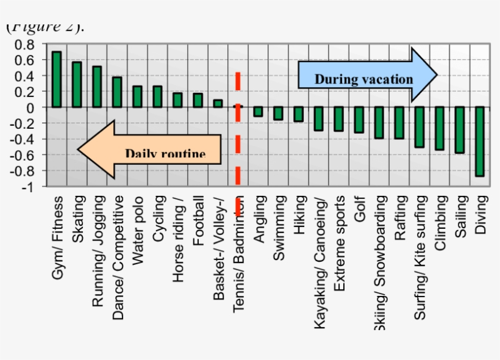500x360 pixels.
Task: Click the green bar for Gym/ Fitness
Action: pos(56,79)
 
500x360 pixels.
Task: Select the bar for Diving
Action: pos(480,142)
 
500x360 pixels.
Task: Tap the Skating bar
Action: pos(77,84)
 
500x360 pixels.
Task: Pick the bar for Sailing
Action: pos(459,130)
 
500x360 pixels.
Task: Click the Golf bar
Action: pos(359,120)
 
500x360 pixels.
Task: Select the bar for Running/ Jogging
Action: pos(97,87)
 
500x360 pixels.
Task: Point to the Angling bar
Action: pos(258,112)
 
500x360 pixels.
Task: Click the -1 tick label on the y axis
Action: pos(29,187)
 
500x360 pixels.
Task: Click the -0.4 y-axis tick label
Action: pos(23,139)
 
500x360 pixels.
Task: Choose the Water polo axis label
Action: pos(138,230)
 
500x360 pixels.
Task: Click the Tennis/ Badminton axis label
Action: pos(238,254)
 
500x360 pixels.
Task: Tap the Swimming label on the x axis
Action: pos(279,228)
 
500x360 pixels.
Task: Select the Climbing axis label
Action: pos(440,223)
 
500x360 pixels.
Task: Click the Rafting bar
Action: pos(399,123)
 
